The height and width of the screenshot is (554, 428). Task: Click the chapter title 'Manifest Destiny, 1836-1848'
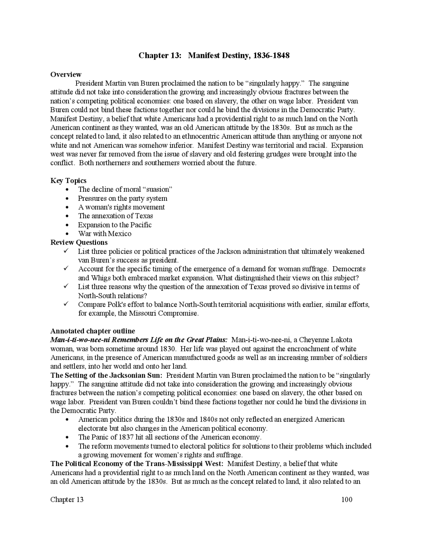pyautogui.click(x=238, y=55)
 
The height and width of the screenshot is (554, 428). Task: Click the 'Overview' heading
pyautogui.click(x=66, y=74)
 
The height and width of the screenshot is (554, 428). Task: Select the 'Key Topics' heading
pyautogui.click(x=68, y=181)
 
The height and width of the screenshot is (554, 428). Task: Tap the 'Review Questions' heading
pyautogui.click(x=79, y=242)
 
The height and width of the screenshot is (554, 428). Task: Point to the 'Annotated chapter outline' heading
pyautogui.click(x=93, y=331)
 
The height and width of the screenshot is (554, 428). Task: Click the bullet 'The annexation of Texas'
pyautogui.click(x=115, y=216)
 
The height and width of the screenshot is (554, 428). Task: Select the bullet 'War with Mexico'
pyautogui.click(x=105, y=234)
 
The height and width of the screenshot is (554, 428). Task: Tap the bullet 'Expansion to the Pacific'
pyautogui.click(x=115, y=225)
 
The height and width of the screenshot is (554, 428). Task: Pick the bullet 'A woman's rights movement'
pyautogui.click(x=121, y=207)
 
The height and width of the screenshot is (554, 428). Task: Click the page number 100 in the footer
pyautogui.click(x=347, y=500)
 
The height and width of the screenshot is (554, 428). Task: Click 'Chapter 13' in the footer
pyautogui.click(x=67, y=500)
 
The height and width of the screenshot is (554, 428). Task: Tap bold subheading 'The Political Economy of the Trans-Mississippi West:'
pyautogui.click(x=137, y=464)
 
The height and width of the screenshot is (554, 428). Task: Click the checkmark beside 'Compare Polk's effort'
pyautogui.click(x=66, y=304)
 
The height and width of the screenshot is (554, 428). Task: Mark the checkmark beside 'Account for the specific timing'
pyautogui.click(x=66, y=269)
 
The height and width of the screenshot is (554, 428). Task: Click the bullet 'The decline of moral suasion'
pyautogui.click(x=125, y=189)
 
